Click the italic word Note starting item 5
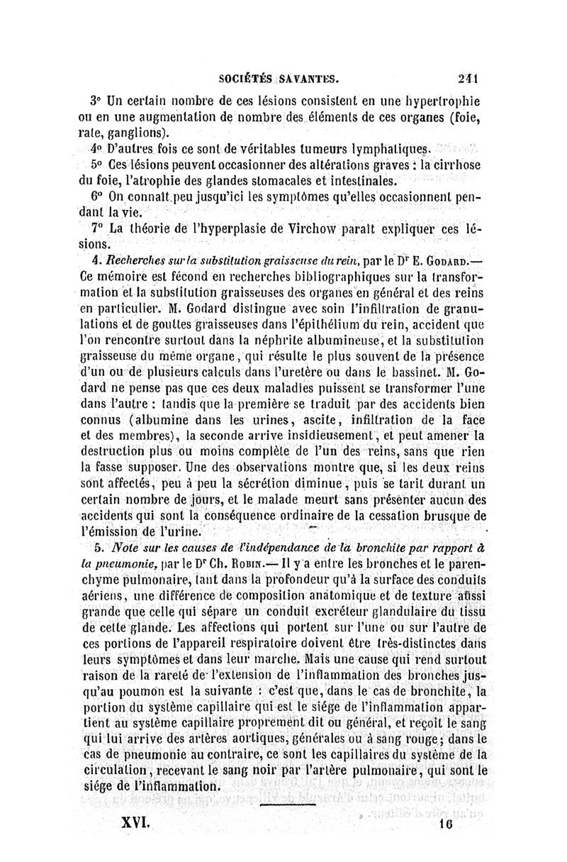coord(128,548)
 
